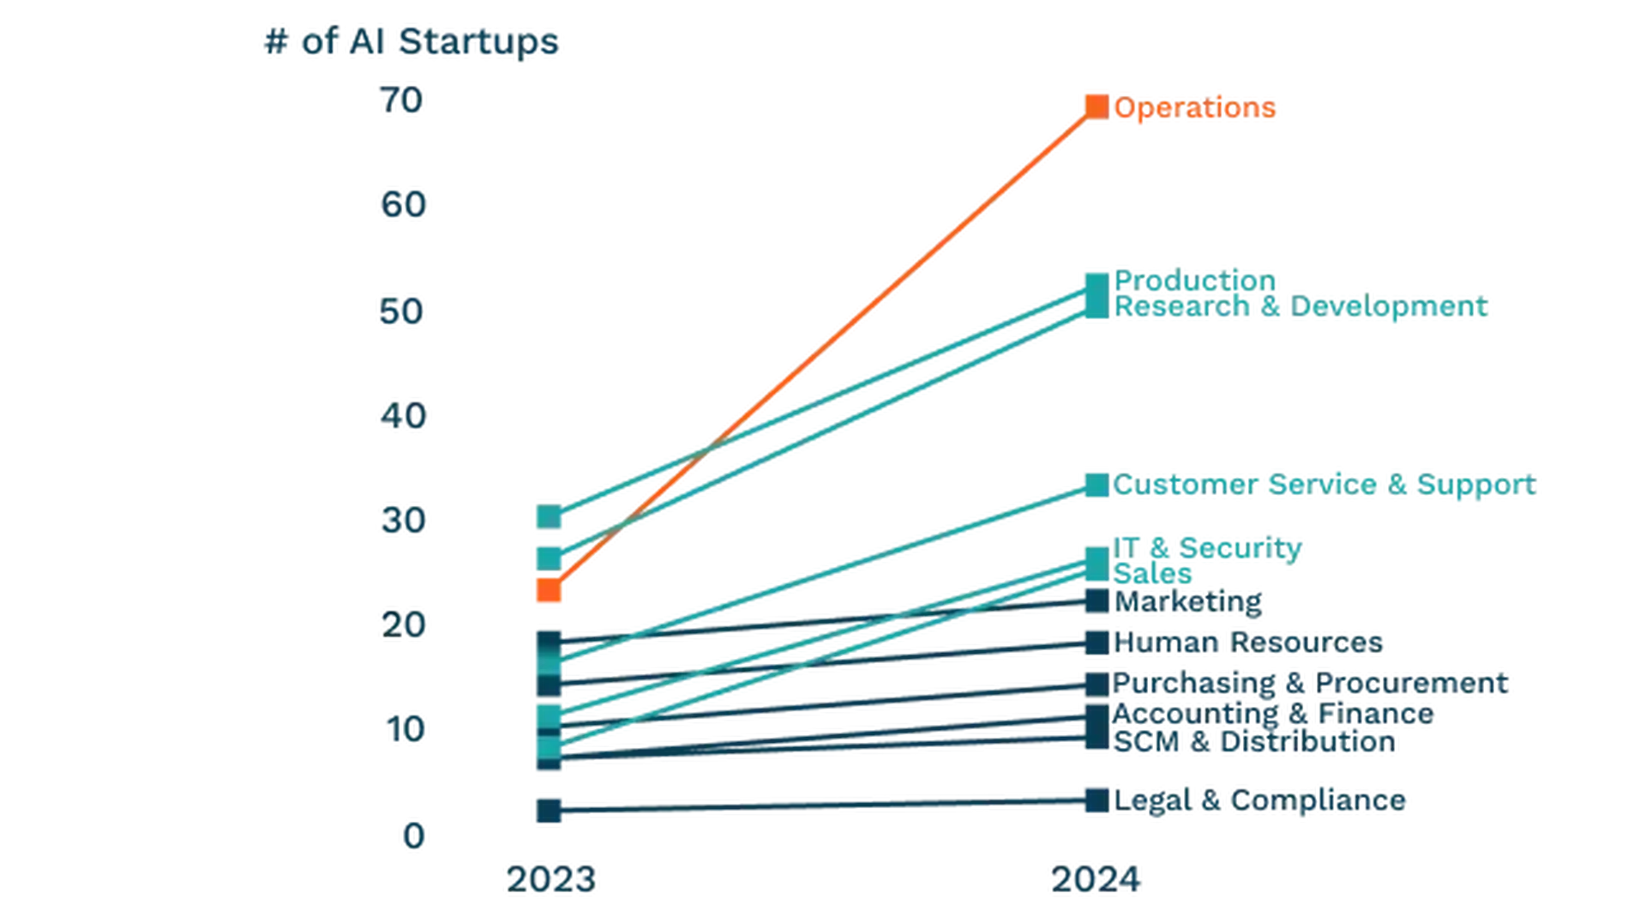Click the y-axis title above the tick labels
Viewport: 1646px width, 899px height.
click(x=411, y=45)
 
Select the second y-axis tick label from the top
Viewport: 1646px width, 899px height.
click(x=399, y=208)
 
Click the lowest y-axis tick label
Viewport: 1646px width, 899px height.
click(x=415, y=836)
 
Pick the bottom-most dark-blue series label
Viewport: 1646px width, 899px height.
click(x=1247, y=799)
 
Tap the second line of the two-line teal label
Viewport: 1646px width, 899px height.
click(x=1286, y=309)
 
